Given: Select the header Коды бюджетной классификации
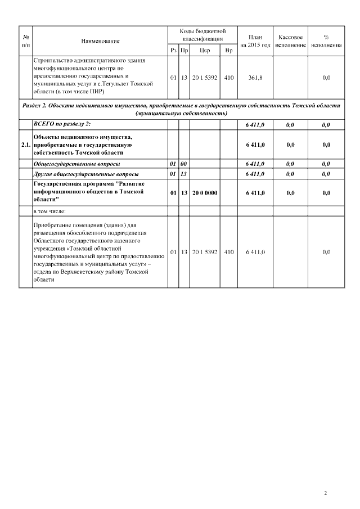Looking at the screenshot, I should click(x=202, y=35).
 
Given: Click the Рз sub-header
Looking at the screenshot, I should click(x=173, y=51).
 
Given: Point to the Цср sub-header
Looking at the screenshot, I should click(x=205, y=51).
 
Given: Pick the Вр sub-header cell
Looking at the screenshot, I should click(x=228, y=51).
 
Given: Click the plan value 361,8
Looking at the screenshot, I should click(x=255, y=78).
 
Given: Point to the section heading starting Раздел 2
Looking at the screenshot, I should click(x=181, y=109).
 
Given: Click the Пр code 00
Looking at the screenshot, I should click(x=183, y=164).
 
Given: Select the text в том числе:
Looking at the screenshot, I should click(x=50, y=211).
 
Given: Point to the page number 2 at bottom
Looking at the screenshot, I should click(x=325, y=493).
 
